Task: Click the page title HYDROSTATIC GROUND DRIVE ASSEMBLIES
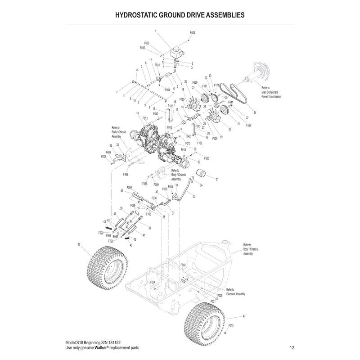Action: [x=180, y=14]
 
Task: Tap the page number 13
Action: [x=292, y=348]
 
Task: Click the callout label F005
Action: [x=193, y=33]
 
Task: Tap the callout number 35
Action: [x=194, y=196]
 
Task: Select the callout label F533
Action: [x=207, y=158]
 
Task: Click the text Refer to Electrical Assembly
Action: [x=235, y=292]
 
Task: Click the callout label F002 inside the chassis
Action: [x=183, y=265]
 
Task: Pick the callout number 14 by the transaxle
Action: [x=137, y=113]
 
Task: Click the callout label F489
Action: [x=108, y=152]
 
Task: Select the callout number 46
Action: [x=121, y=191]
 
